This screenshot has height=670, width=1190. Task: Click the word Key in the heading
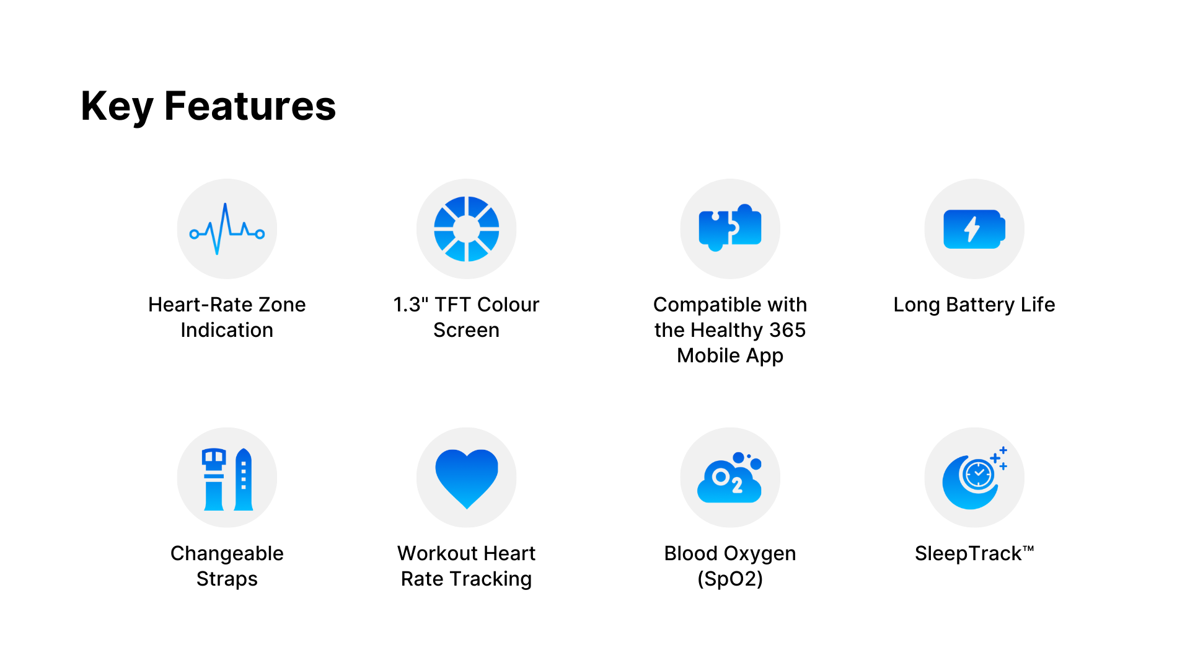coord(117,106)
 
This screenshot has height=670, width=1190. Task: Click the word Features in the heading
coord(250,106)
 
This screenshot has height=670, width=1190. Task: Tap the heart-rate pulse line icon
coord(227,229)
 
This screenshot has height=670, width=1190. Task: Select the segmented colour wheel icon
coord(466,229)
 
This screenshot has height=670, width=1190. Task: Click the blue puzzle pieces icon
coord(730,228)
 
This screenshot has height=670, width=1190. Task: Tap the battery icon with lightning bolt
coord(974,229)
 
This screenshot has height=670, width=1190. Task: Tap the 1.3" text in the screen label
coord(411,305)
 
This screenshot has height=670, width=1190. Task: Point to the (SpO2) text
coord(730,579)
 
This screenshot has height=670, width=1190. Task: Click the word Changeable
coord(227,553)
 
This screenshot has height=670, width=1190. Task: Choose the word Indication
coord(227,330)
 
